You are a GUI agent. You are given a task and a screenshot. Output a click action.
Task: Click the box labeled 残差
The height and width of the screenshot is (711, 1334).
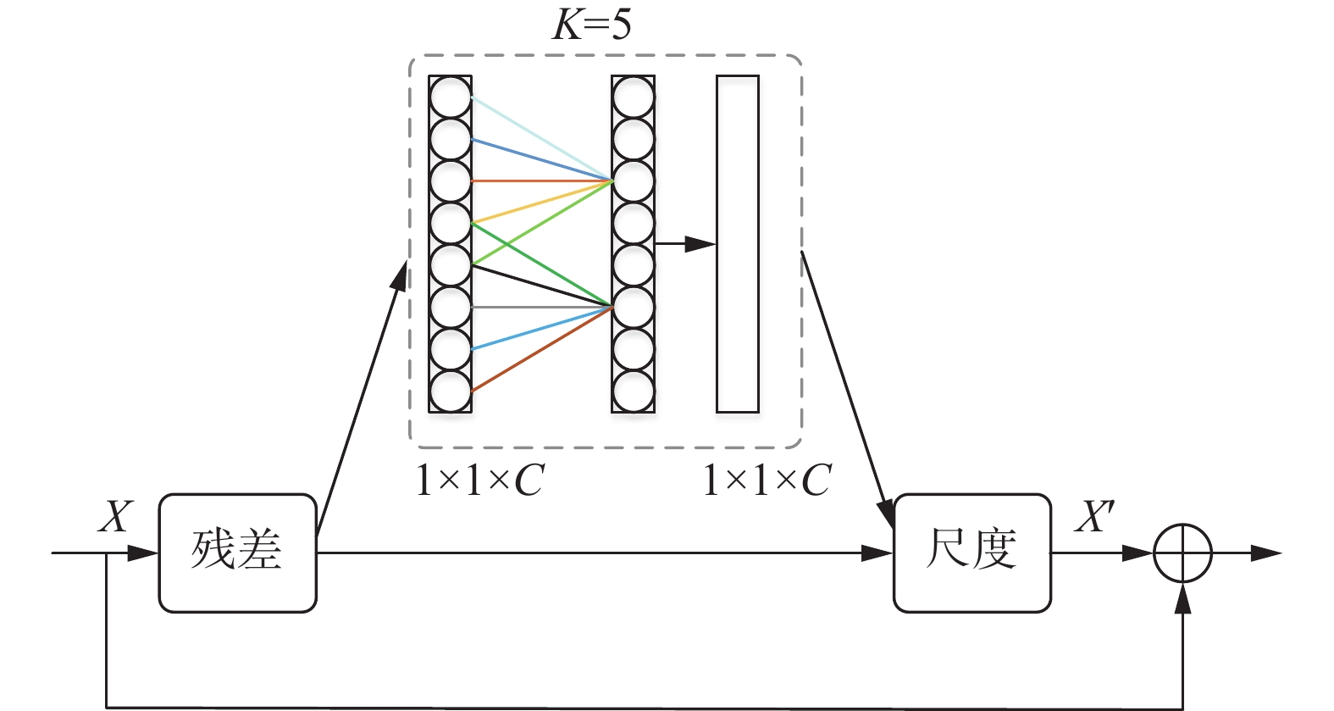point(237,553)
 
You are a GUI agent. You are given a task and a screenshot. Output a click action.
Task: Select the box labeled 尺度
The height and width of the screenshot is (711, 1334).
point(971,553)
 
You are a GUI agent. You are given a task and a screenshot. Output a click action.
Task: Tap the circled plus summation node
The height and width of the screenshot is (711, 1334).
point(1182,553)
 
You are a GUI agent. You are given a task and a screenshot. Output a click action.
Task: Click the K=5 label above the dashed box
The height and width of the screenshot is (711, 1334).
point(592,25)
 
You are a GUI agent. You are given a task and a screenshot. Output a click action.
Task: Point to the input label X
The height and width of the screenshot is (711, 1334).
point(116,515)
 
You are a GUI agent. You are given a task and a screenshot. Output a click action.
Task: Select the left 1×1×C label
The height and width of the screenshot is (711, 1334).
point(479,480)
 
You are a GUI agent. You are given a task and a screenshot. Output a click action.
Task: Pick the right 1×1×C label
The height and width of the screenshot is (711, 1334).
point(767,480)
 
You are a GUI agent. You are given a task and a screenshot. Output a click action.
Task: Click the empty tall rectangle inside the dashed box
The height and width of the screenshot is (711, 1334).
point(737,244)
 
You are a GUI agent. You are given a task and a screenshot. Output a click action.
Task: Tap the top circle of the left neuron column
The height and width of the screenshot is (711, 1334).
point(450,97)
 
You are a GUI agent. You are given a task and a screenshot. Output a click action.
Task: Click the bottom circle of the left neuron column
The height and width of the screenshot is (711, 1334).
point(450,392)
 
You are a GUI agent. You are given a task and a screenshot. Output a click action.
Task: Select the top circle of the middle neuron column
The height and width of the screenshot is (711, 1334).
point(633,97)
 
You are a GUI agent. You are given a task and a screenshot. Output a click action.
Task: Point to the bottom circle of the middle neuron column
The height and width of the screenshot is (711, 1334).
point(633,392)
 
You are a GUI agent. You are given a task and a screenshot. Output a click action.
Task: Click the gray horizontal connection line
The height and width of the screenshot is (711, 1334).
point(542,307)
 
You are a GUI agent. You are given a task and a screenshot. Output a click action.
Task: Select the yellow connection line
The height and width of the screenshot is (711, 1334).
point(542,202)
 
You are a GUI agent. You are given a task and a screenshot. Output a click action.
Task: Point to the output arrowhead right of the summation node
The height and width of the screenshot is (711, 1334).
point(1267,553)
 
